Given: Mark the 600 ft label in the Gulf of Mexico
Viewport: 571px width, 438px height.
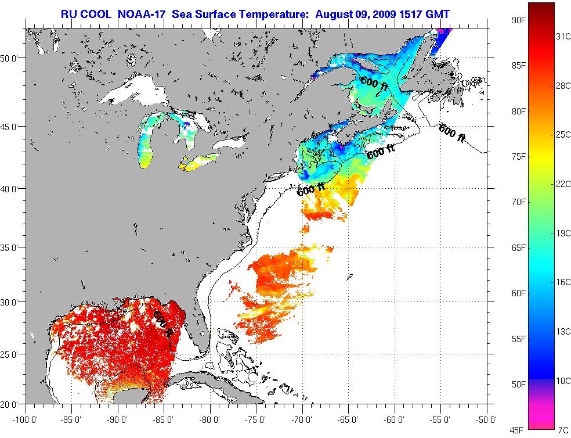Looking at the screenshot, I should point(162,324).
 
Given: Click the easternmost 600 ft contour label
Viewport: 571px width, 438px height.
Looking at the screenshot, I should point(452,133).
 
